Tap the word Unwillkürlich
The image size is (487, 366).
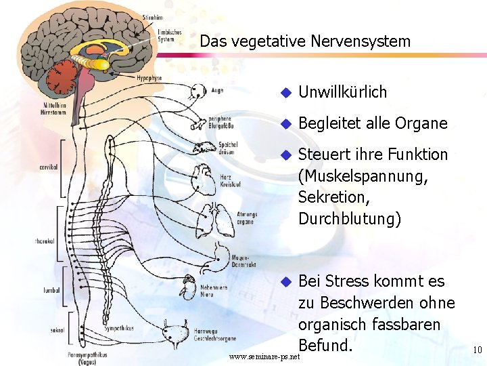[342, 92]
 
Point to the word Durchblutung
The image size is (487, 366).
[348, 219]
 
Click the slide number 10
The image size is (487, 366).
[477, 350]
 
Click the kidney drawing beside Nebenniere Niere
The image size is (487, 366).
[187, 291]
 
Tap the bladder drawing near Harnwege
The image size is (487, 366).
[181, 333]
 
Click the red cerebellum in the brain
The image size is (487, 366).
[64, 73]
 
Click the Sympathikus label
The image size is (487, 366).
[119, 328]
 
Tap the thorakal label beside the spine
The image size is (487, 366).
[45, 241]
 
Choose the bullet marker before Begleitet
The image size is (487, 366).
[285, 124]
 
